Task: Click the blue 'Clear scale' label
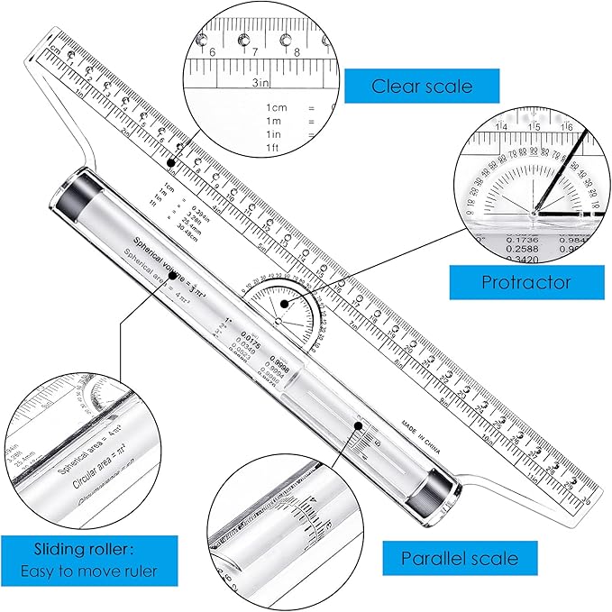click(423, 87)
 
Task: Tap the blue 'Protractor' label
click(525, 281)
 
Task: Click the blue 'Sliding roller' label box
click(79, 560)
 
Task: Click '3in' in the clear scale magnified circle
click(261, 82)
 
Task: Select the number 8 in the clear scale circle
click(297, 52)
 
